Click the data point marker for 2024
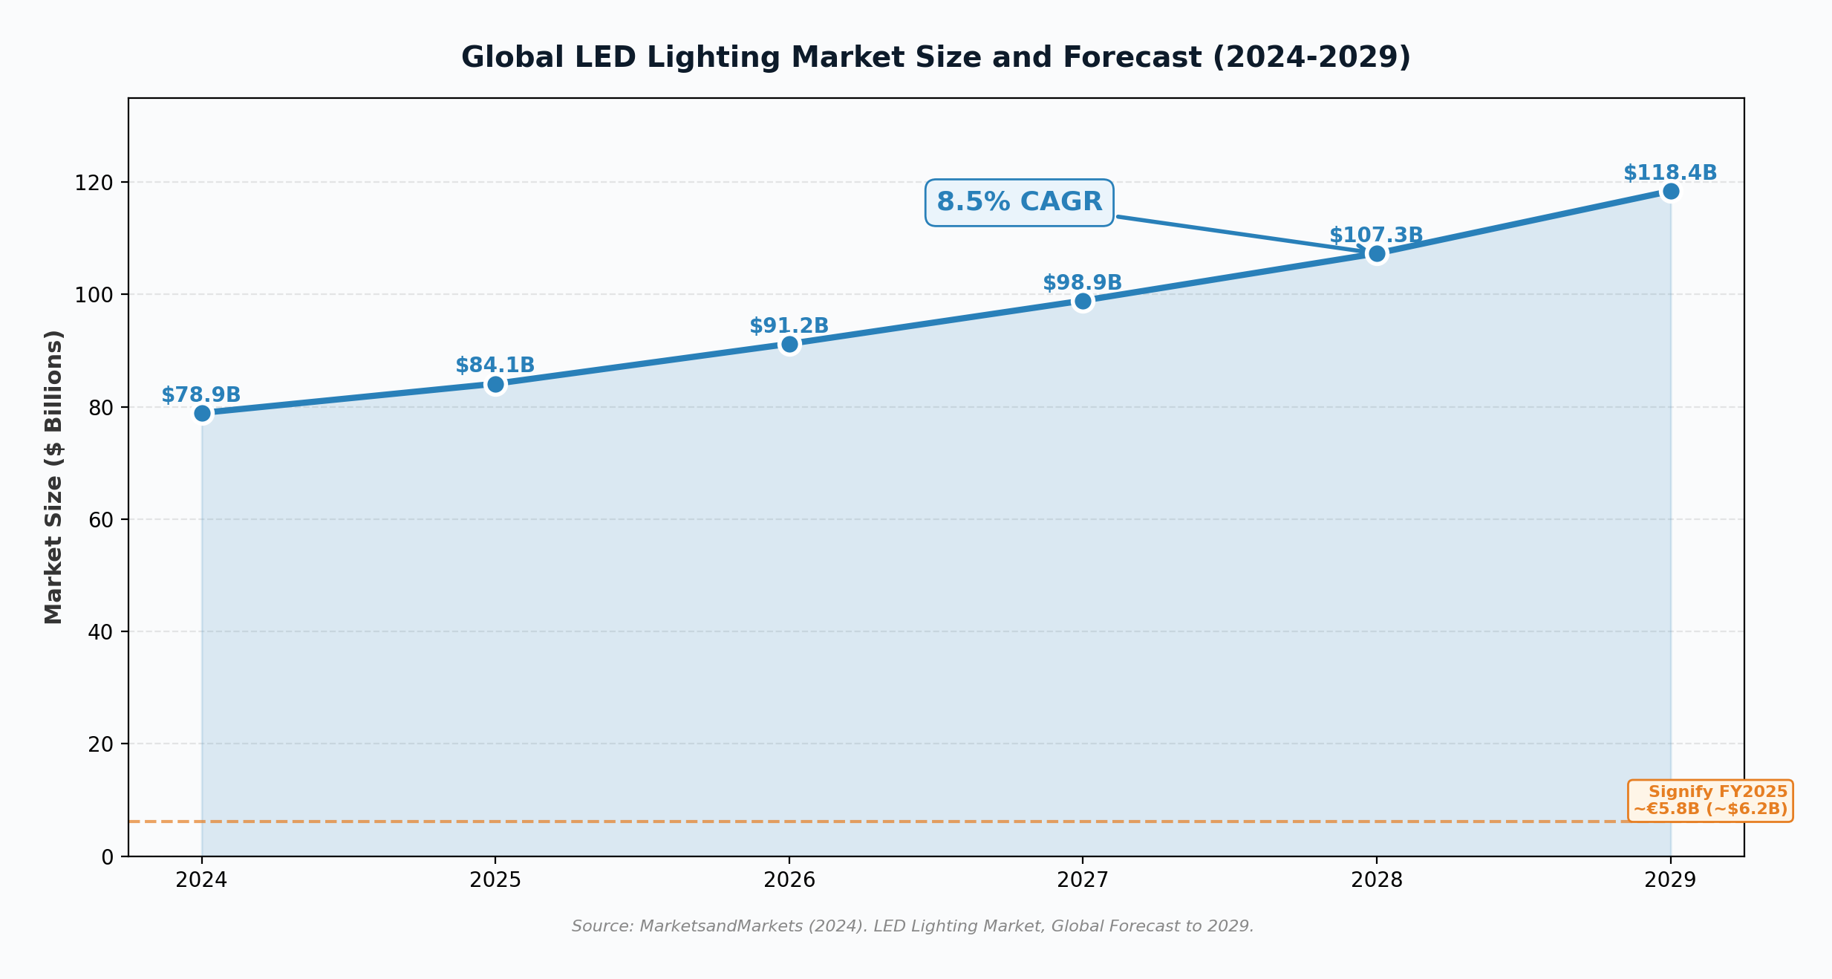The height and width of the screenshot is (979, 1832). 202,414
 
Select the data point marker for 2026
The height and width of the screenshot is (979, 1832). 789,344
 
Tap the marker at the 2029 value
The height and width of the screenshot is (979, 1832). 1671,192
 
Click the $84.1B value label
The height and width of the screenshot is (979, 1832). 495,365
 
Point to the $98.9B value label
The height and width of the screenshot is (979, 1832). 1082,283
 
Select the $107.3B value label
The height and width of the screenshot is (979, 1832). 1375,235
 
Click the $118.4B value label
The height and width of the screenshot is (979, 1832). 1670,173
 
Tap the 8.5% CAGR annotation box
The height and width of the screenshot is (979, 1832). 1019,202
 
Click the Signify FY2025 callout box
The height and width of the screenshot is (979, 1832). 1709,801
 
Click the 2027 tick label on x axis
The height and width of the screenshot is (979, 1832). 1082,880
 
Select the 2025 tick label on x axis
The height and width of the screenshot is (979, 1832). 495,880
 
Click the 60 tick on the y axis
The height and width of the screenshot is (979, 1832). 100,520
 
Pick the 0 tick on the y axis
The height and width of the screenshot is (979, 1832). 107,857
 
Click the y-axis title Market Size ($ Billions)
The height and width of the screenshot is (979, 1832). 53,477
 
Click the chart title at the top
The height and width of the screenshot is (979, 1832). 936,57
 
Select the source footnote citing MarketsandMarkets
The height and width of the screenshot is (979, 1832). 913,926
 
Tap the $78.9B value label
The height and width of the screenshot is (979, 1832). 201,395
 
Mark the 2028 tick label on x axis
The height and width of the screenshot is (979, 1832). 1376,880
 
